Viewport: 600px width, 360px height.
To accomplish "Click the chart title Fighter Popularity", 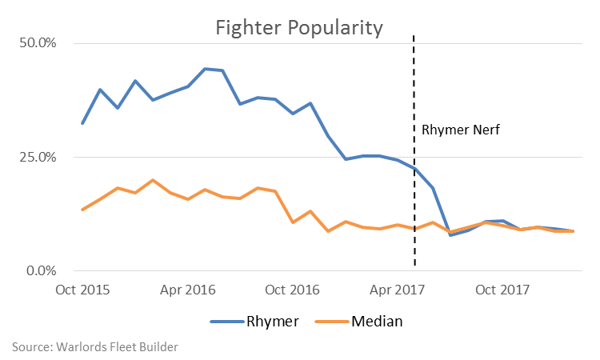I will (299, 27).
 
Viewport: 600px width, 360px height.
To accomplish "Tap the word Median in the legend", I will (376, 322).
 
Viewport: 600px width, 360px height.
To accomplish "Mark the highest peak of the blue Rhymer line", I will (206, 69).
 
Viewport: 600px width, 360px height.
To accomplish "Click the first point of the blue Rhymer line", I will (82, 123).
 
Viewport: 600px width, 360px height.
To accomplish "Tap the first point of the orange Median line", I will (82, 210).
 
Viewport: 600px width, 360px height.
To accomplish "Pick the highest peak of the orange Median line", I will (153, 180).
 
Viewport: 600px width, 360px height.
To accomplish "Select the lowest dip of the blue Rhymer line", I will (451, 235).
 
